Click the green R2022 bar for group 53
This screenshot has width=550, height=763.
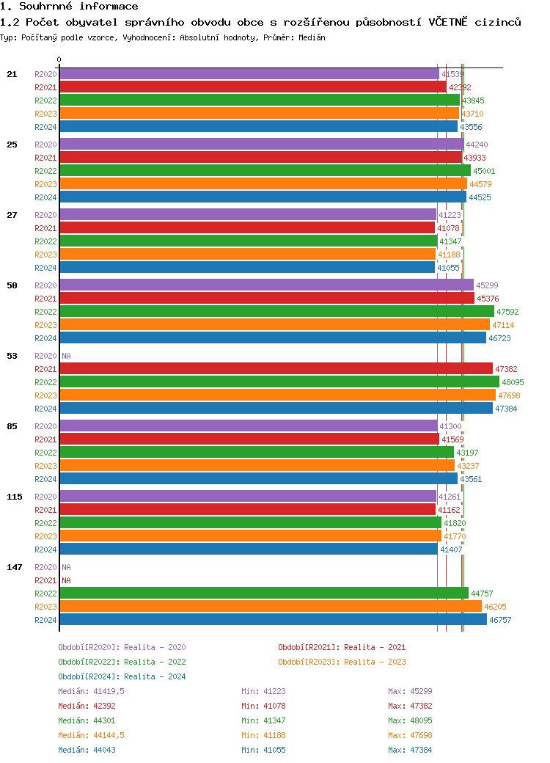pos(279,382)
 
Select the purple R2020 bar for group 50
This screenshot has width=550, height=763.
pos(266,285)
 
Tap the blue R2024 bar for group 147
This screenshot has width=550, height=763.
pos(273,620)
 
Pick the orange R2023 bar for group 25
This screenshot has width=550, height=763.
pos(263,184)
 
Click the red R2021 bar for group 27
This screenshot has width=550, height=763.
pos(247,228)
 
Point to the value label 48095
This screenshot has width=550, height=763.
pos(512,382)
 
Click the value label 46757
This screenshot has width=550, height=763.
pos(500,620)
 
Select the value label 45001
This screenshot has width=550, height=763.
pos(484,171)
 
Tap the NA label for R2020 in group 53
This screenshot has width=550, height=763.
pos(66,356)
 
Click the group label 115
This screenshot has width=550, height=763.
pos(15,497)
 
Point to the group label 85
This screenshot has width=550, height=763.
pos(12,426)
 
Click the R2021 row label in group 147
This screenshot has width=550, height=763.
pos(45,580)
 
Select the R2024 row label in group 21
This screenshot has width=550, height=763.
pos(45,127)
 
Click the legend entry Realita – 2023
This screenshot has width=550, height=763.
pos(342,662)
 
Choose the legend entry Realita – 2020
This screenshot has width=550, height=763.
pos(122,647)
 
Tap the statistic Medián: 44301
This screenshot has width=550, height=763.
pos(87,720)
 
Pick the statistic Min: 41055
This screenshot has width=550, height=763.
pos(263,750)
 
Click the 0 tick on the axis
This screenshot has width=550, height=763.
pos(59,59)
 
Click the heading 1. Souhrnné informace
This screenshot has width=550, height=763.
pos(69,7)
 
